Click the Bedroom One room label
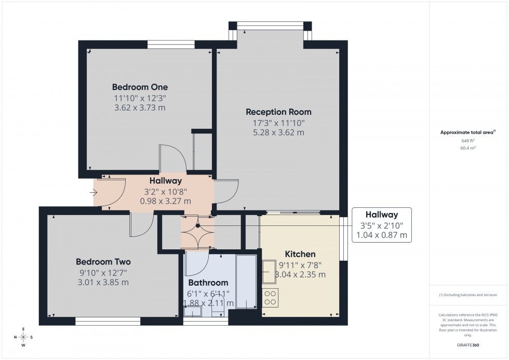click(140, 87)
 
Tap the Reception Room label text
click(278, 112)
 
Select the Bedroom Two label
click(103, 262)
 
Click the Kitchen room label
click(300, 254)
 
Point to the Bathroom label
click(208, 283)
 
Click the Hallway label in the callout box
click(381, 215)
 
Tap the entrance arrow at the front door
click(93, 193)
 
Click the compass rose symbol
click(23, 337)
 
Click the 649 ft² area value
click(468, 141)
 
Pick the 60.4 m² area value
click(468, 148)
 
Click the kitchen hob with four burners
click(270, 298)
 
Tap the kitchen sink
click(269, 271)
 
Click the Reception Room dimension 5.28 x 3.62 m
click(278, 132)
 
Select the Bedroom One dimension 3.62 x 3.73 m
click(140, 108)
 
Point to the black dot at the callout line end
click(197, 226)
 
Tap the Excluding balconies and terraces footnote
click(468, 295)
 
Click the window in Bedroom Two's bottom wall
click(108, 322)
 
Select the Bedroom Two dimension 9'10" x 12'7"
click(103, 273)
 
